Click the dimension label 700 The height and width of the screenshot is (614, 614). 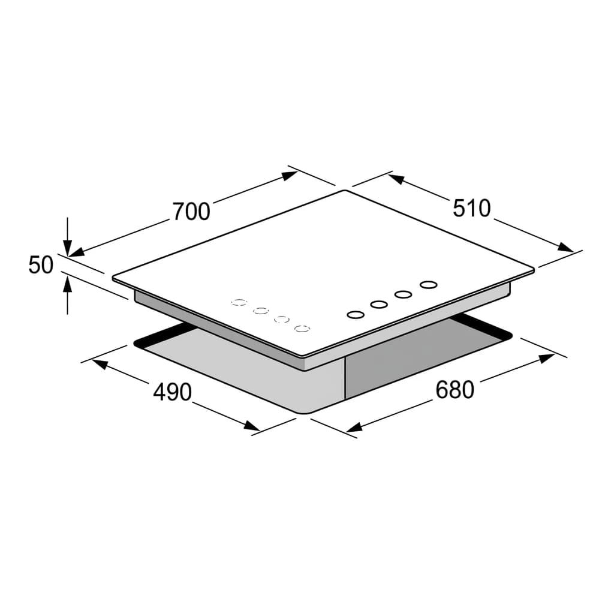[191, 212]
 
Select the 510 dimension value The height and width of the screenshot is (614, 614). [471, 208]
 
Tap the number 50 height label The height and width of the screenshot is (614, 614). [41, 264]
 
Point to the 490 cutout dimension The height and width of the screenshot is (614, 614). [172, 392]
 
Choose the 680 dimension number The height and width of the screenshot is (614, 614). [455, 390]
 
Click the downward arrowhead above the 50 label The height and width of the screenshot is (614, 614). [68, 249]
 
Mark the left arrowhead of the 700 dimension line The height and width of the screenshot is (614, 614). [77, 252]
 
